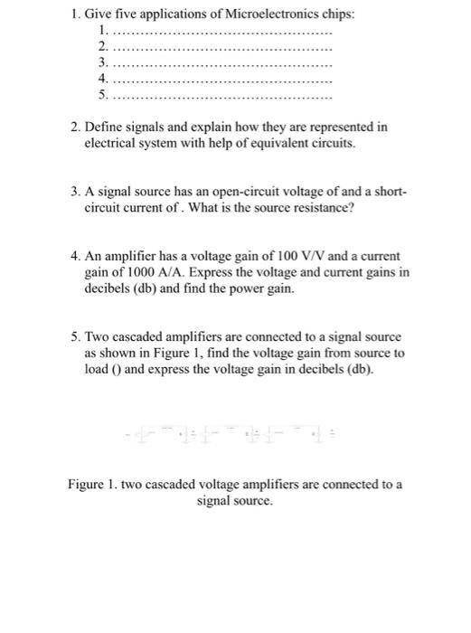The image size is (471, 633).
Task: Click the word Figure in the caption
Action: [x=87, y=484]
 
